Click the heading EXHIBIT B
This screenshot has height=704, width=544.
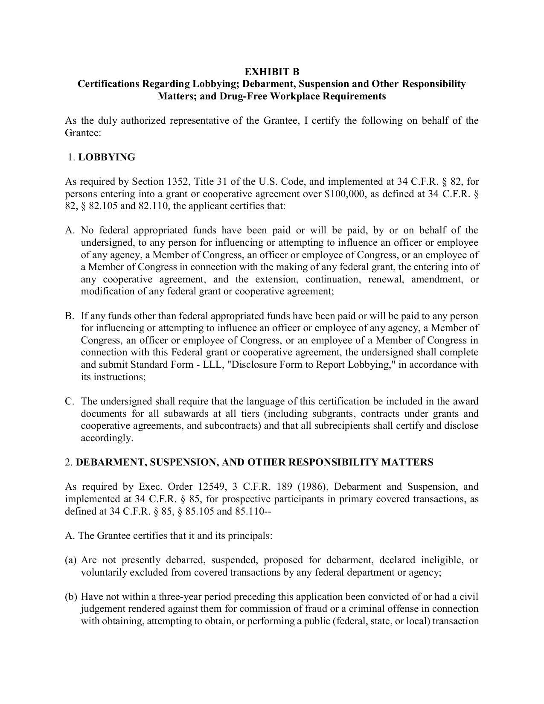click(272, 71)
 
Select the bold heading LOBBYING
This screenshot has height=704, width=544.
click(107, 157)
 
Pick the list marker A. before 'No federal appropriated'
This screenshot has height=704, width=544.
click(70, 230)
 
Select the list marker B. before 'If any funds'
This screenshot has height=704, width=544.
click(70, 316)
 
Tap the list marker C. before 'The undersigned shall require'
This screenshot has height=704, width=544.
click(70, 401)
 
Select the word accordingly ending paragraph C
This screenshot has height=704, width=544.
click(107, 438)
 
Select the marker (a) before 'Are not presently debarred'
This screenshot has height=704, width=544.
click(71, 560)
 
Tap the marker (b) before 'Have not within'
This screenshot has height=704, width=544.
click(71, 597)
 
